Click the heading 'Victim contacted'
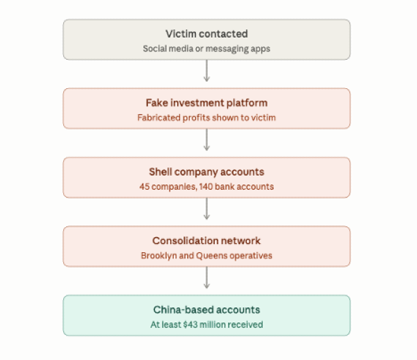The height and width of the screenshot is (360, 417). tap(206, 34)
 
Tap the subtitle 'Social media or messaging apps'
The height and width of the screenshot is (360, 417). tap(206, 49)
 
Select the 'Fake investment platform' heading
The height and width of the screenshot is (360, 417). tap(206, 103)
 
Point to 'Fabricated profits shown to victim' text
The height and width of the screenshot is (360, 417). tap(206, 117)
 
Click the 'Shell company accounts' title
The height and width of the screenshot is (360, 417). tap(206, 172)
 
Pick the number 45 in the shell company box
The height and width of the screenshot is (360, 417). tap(145, 187)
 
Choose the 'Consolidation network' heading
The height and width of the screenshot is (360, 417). tap(206, 240)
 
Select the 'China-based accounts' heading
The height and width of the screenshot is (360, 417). tap(206, 310)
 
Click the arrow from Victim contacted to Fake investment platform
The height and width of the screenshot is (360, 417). tap(206, 71)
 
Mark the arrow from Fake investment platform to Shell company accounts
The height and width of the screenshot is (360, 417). tap(206, 140)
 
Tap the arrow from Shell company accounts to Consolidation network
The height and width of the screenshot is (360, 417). tap(206, 208)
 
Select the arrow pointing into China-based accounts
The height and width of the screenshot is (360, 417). tap(206, 277)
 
